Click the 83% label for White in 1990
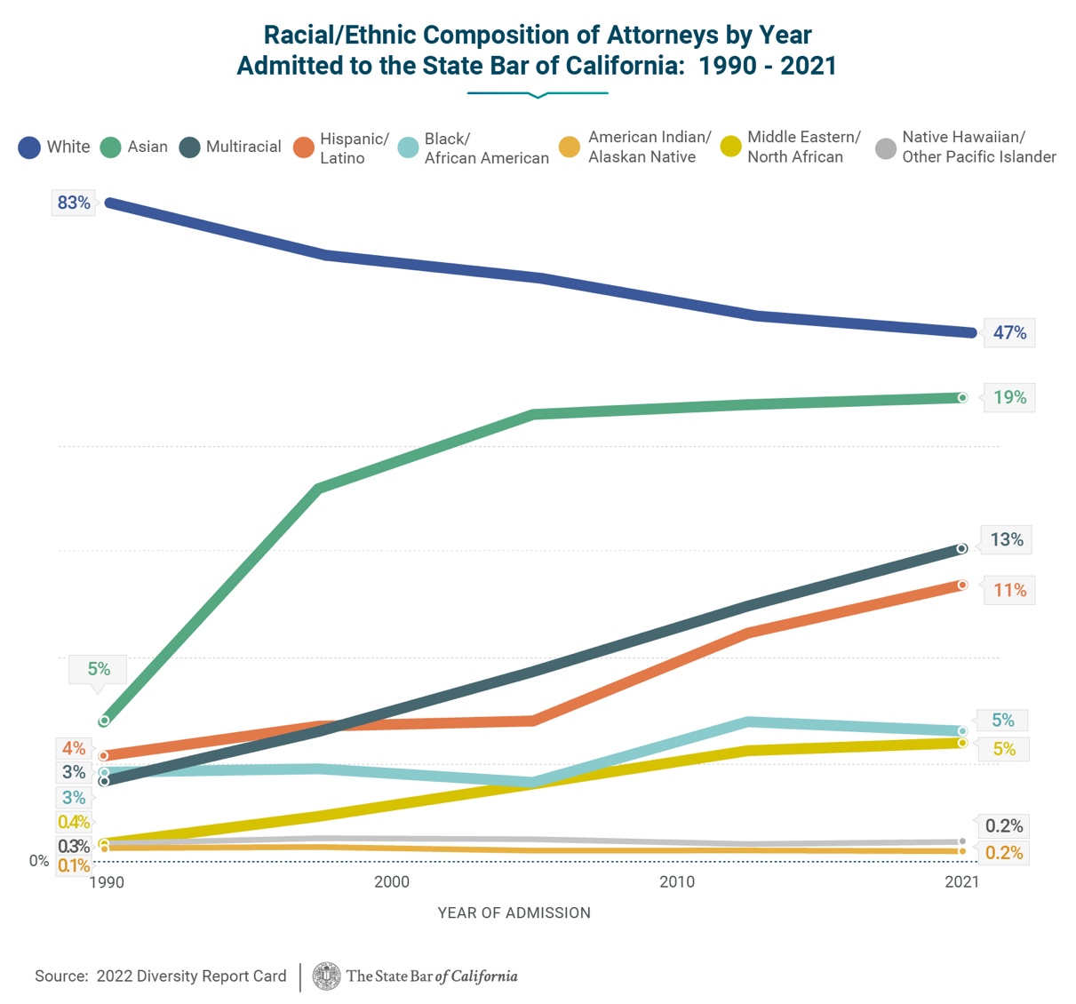click(x=74, y=203)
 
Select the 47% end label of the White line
click(x=1009, y=332)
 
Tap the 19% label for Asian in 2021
click(x=1009, y=397)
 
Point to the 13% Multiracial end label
click(x=1007, y=539)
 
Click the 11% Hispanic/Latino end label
click(x=1009, y=590)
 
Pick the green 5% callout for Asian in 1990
click(x=99, y=669)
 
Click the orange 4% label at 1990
click(x=74, y=748)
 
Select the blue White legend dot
click(x=29, y=147)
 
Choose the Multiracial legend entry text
click(x=243, y=147)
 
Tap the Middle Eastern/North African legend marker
click(x=730, y=147)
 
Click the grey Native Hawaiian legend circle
click(x=886, y=148)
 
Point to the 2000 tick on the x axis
click(x=392, y=881)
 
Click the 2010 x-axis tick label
click(x=677, y=881)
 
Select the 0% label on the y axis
click(x=39, y=860)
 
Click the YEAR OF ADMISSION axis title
click(x=514, y=912)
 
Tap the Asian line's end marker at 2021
click(x=962, y=397)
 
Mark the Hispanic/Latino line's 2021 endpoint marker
click(x=962, y=585)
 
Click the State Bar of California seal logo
click(x=326, y=976)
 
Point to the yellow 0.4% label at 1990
click(x=74, y=822)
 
